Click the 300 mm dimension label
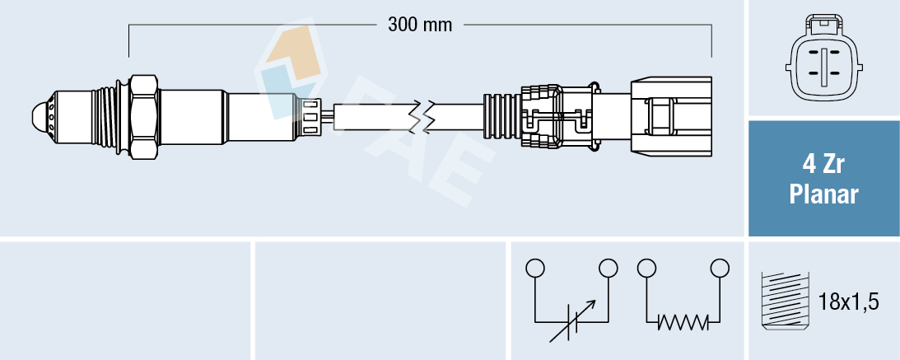[420, 25]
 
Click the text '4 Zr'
[823, 166]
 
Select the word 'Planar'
[823, 195]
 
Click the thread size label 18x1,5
[850, 302]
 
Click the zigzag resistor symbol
[683, 320]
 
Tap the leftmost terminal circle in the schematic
[535, 268]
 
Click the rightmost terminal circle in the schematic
[720, 268]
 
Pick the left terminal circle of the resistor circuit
[646, 268]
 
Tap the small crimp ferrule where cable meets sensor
[311, 115]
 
